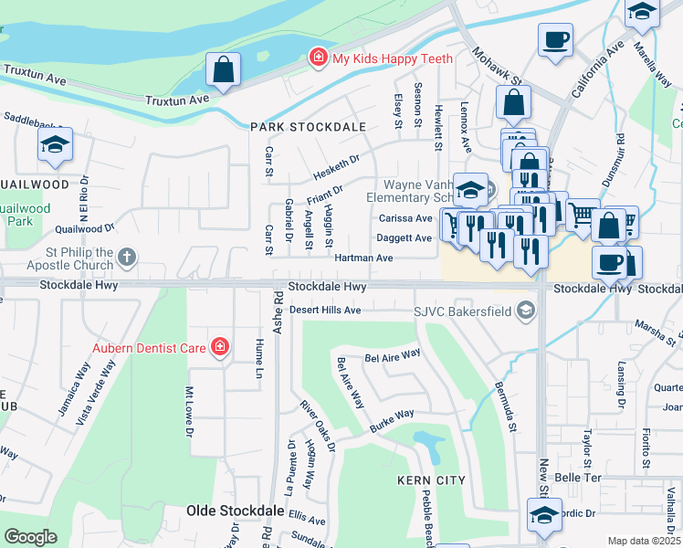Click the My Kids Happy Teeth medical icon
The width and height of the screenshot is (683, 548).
pos(318,58)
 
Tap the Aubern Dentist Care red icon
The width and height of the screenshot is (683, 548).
pos(219,347)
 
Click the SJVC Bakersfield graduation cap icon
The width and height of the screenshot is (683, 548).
pos(525,311)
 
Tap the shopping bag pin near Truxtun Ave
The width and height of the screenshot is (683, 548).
pos(223,70)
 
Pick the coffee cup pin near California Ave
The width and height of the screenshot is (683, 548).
pos(555,41)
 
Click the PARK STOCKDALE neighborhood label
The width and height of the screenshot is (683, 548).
pos(308,128)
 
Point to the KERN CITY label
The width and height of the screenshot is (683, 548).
pos(431,480)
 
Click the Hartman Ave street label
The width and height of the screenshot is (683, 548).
pos(363,258)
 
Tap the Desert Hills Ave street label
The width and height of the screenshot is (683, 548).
pos(325,311)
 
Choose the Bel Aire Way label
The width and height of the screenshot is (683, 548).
pos(392,353)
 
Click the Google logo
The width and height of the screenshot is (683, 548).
pos(30,537)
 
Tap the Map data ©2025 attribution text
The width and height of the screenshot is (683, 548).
pos(644,541)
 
